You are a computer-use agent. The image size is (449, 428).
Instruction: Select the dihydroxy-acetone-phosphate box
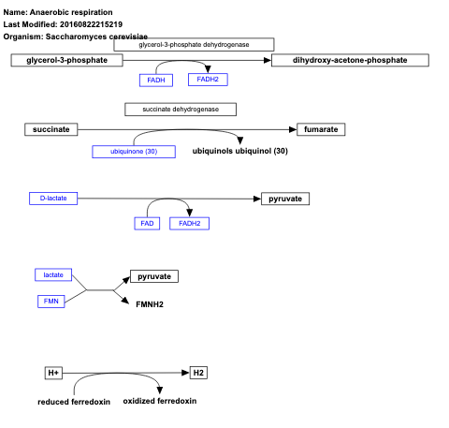tap(350, 60)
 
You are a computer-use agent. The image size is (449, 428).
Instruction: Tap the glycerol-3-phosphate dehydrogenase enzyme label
tap(194, 44)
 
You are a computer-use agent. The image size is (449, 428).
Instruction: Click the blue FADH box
tap(156, 80)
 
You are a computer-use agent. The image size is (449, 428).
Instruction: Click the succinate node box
tap(51, 129)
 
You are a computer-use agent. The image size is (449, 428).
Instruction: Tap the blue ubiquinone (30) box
tap(134, 152)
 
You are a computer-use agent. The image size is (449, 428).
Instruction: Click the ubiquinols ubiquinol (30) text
tap(239, 151)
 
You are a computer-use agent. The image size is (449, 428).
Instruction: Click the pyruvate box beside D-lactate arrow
tap(284, 199)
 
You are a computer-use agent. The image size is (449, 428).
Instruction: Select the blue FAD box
tap(147, 223)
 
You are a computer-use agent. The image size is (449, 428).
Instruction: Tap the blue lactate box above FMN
tap(53, 274)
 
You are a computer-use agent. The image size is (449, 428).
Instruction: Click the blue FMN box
tap(51, 302)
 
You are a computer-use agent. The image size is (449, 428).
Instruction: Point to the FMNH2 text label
tap(150, 303)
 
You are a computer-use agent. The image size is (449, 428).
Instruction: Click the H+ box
tap(53, 373)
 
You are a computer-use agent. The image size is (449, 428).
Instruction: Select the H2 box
tap(198, 373)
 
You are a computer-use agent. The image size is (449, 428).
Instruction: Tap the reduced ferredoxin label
tap(74, 402)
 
